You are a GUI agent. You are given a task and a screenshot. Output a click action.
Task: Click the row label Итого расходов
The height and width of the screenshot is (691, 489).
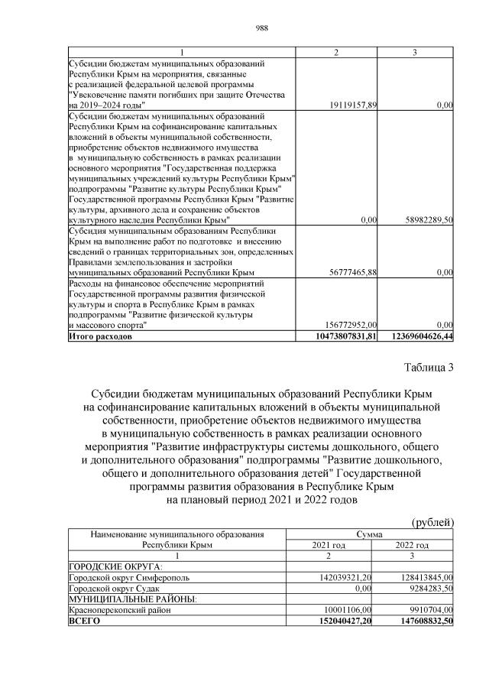click(100, 336)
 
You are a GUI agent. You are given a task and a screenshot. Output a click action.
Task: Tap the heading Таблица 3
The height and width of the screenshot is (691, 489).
click(428, 368)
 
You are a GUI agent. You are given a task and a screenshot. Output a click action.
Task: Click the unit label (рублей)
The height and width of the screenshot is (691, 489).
click(433, 521)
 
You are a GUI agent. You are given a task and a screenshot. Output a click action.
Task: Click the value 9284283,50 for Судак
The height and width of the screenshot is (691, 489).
click(430, 589)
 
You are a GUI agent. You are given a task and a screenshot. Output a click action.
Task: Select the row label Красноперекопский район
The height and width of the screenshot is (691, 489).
click(119, 611)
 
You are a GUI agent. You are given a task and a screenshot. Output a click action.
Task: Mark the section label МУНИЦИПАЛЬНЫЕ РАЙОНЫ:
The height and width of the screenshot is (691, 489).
click(132, 599)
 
